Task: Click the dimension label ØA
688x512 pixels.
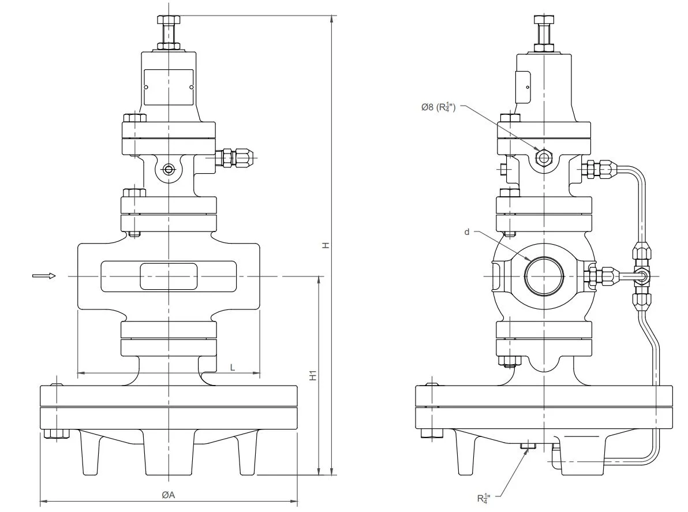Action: [x=168, y=495]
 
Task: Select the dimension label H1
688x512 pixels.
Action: [x=313, y=375]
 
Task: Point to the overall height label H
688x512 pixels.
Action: [x=326, y=245]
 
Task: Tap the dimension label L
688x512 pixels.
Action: [x=233, y=367]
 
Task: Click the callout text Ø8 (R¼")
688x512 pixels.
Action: [x=439, y=106]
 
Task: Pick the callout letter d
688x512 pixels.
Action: [x=466, y=231]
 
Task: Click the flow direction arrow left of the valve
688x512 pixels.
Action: [x=44, y=276]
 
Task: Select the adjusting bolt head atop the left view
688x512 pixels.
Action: [x=168, y=20]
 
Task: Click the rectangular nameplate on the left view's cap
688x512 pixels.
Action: [x=168, y=87]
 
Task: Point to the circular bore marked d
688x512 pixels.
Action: [x=544, y=275]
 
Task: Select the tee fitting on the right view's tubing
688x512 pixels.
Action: [x=641, y=276]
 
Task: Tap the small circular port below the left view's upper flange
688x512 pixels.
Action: [x=168, y=169]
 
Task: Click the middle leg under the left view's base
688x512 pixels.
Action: [x=168, y=456]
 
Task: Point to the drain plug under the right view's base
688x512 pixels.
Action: [x=528, y=445]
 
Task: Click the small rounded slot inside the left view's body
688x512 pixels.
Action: [x=168, y=276]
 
